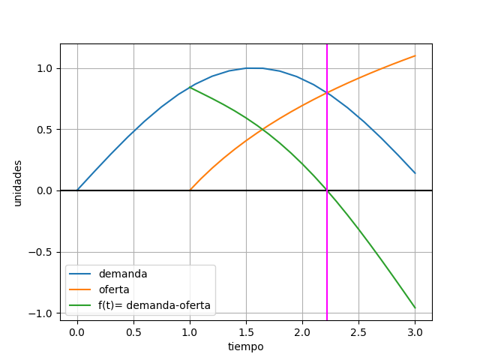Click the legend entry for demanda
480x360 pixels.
coord(123,274)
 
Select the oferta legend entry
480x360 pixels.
coord(116,290)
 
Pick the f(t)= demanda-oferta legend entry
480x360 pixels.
coord(154,306)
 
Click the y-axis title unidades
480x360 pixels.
coord(18,183)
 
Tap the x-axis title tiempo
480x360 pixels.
coord(246,346)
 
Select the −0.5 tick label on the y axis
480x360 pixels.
coord(42,252)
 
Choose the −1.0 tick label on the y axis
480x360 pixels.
coord(42,313)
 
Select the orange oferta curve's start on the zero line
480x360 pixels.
coord(190,190)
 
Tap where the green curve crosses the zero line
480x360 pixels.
coord(327,190)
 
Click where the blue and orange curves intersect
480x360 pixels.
coord(327,93)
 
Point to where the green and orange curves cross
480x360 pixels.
coord(261,128)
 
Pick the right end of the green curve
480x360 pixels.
coord(415,307)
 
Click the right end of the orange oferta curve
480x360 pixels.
coord(415,55)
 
